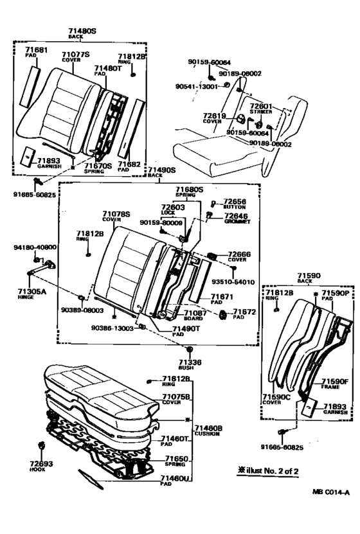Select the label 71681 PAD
37,52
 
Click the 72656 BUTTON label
235,204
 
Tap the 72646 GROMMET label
237,219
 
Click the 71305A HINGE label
31,293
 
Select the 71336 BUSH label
190,364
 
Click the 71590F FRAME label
334,384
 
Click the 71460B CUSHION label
210,429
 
